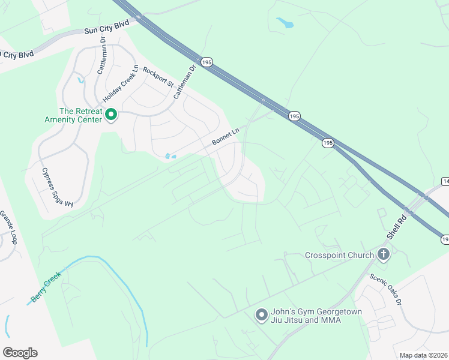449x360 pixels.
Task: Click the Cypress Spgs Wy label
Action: point(57,187)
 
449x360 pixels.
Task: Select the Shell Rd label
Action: point(397,227)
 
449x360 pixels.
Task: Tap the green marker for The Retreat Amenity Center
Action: point(111,114)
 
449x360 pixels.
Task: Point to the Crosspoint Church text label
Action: point(339,255)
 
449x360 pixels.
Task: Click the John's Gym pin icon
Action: point(261,314)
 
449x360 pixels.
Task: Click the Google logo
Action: point(20,352)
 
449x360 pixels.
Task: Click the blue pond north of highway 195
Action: point(285,23)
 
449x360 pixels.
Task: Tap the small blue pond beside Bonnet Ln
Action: point(170,157)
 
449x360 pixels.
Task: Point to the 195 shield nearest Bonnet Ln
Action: point(294,116)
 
